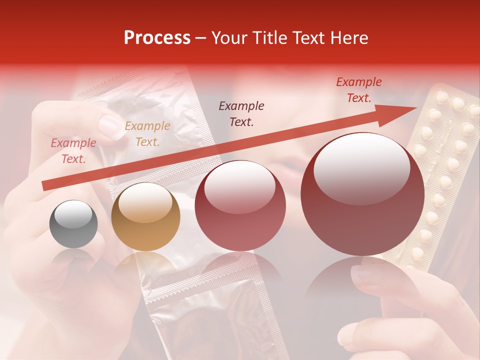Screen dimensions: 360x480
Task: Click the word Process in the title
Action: click(157, 38)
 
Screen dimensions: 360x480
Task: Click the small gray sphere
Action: click(74, 224)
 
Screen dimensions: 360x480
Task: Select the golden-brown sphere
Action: click(145, 216)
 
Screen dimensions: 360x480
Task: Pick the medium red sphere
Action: click(240, 205)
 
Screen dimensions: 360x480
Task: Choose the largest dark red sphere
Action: click(362, 194)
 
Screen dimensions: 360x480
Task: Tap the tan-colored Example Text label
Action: click(147, 134)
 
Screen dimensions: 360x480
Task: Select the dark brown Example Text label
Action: click(241, 113)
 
